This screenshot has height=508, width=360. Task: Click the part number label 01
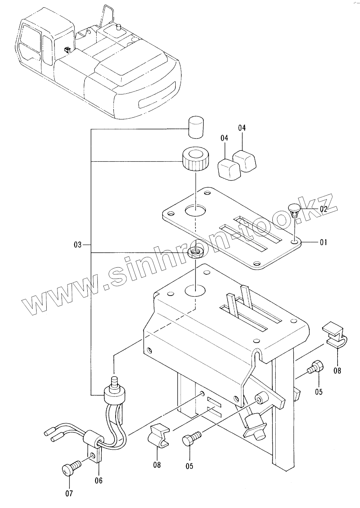[323, 243]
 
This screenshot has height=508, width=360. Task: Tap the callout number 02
[323, 209]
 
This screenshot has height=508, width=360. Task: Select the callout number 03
[77, 245]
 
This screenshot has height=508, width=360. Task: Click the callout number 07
[69, 493]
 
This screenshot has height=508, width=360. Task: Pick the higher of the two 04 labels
[242, 128]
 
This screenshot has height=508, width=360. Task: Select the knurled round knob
[194, 159]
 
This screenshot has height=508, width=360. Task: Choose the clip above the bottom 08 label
[160, 436]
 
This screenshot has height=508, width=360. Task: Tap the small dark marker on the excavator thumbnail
[67, 49]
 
